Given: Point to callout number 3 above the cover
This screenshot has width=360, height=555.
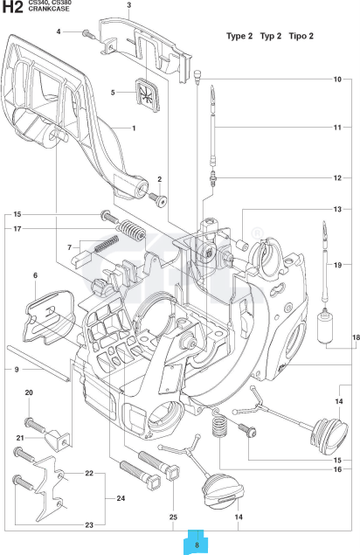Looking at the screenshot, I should [x=128, y=5].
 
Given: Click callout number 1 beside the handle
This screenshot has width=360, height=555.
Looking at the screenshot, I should [x=134, y=128].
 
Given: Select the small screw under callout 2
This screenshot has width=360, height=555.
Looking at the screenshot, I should [x=160, y=199].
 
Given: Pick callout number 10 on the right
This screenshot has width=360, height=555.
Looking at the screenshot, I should [x=336, y=80].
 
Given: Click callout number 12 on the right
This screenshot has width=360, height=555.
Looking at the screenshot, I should [x=336, y=177].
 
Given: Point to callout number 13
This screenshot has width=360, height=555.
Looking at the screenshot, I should [x=336, y=210].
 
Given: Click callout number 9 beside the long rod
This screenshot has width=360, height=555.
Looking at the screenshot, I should [x=17, y=370].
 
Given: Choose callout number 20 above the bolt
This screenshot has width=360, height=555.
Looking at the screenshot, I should [x=29, y=394].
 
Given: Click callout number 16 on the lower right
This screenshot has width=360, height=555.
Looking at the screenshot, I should [x=336, y=469].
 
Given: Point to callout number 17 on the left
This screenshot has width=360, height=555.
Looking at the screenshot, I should [x=17, y=229].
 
